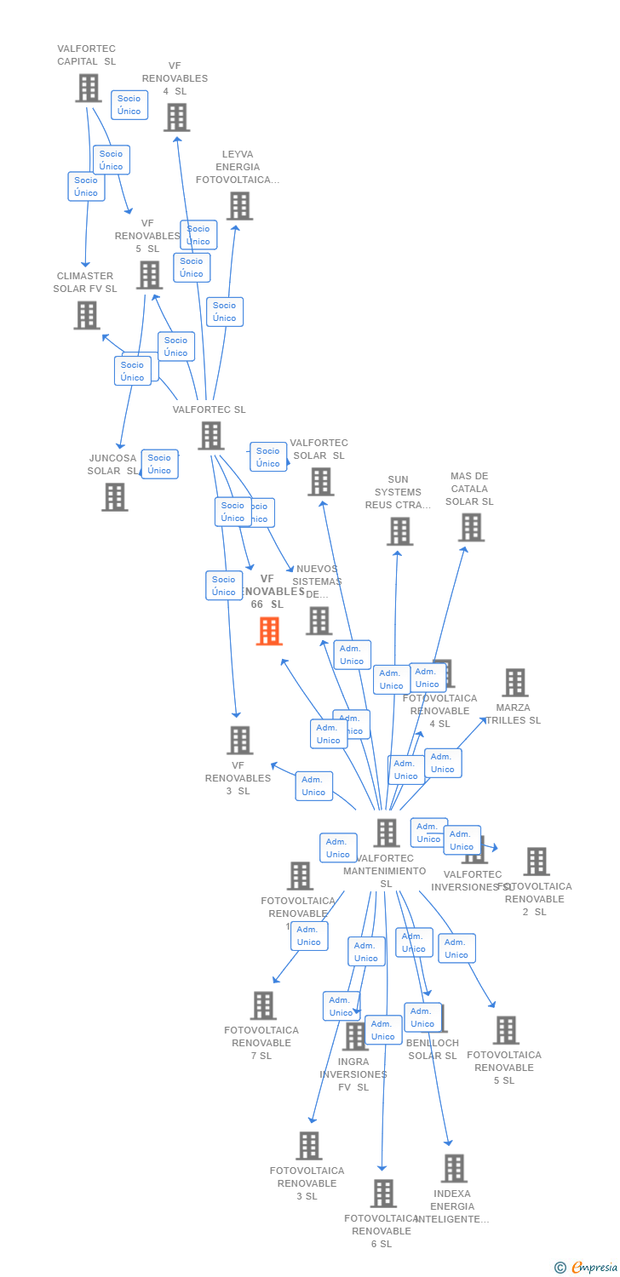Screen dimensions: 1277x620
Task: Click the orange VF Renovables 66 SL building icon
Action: click(269, 631)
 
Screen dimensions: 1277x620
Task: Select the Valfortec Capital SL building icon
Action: click(88, 88)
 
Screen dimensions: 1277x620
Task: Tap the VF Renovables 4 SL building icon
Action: click(176, 117)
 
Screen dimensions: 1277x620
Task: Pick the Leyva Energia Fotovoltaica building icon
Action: click(239, 206)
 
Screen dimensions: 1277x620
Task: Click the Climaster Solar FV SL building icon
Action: click(86, 315)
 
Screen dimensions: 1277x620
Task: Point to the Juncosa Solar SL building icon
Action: click(114, 496)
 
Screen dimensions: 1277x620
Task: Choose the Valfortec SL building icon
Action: click(210, 435)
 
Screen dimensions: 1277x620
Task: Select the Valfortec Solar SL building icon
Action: click(320, 481)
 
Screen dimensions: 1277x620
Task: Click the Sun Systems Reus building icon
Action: click(399, 531)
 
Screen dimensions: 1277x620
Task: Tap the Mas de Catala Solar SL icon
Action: click(470, 527)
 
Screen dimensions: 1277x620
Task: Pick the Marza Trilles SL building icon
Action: click(514, 682)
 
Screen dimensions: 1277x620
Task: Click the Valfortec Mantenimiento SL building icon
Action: click(386, 833)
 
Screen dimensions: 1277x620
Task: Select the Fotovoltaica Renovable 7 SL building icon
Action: click(263, 1005)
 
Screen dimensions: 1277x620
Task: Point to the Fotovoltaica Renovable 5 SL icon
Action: click(505, 1030)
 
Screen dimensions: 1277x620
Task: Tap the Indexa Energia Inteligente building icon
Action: click(453, 1168)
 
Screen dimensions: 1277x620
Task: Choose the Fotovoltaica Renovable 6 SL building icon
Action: click(383, 1193)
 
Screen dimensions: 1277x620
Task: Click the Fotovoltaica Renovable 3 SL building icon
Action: click(308, 1146)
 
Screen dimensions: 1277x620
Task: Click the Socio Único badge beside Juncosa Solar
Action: click(159, 464)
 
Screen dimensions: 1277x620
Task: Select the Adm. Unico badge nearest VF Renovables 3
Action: click(313, 786)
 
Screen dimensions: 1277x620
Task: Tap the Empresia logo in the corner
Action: click(587, 1268)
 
